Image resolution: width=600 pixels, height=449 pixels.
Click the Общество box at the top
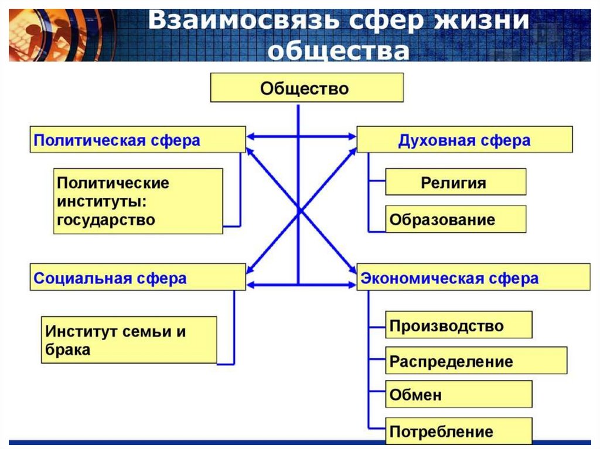pyautogui.click(x=306, y=88)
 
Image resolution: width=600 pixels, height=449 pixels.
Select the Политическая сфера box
pyautogui.click(x=138, y=140)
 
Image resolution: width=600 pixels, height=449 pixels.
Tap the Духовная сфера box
pyautogui.click(x=464, y=140)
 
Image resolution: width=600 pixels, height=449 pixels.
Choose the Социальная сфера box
pyautogui.click(x=138, y=277)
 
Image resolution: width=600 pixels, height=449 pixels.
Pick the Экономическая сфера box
pyautogui.click(x=473, y=277)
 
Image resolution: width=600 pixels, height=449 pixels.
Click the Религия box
pyautogui.click(x=455, y=182)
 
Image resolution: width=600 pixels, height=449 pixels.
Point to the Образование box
pyautogui.click(x=455, y=220)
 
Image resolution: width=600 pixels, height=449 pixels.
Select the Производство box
pyautogui.click(x=458, y=325)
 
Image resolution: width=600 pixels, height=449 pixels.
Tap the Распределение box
pyautogui.click(x=476, y=361)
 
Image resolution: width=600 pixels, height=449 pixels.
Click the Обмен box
pyautogui.click(x=458, y=395)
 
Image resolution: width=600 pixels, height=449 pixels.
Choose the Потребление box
pyautogui.click(x=458, y=432)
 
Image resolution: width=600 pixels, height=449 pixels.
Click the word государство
pyautogui.click(x=106, y=220)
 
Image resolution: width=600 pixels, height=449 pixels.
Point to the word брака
pyautogui.click(x=67, y=350)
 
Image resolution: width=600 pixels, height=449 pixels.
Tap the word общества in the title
pyautogui.click(x=339, y=51)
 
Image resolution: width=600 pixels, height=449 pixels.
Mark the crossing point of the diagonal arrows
pyautogui.click(x=299, y=211)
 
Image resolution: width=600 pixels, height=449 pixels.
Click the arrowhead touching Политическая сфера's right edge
pyautogui.click(x=250, y=136)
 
